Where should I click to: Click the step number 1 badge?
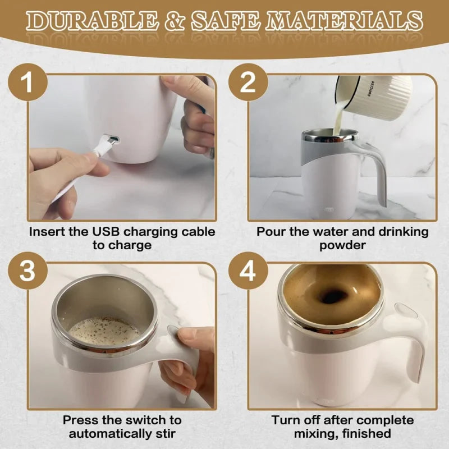tap(26, 84)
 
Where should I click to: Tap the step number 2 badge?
tap(248, 84)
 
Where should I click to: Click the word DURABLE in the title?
tap(90, 21)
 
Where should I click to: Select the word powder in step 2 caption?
tap(342, 245)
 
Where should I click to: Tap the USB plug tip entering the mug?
tap(112, 139)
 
